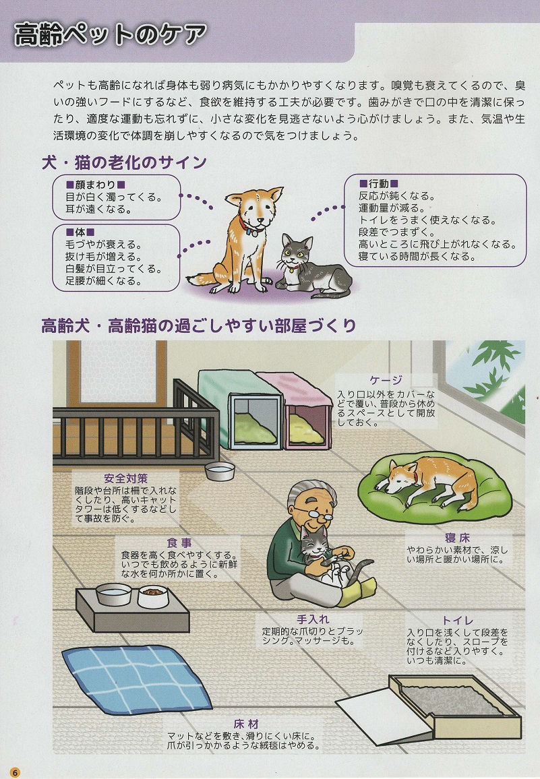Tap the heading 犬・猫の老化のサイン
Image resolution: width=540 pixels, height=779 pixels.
124,162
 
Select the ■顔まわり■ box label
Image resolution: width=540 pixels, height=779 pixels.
96,185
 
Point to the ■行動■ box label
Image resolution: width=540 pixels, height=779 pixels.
378,184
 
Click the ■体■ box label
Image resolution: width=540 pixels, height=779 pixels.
80,232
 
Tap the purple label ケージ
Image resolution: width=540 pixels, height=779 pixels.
386,380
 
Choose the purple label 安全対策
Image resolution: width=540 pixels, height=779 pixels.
126,478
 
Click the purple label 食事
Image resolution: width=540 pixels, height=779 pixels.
179,543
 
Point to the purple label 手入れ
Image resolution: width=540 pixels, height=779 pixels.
313,619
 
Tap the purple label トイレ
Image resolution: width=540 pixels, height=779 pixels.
458,621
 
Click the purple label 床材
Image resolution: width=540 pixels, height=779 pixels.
246,724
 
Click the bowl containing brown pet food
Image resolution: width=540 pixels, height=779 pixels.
152,596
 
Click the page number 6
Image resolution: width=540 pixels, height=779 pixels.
16,772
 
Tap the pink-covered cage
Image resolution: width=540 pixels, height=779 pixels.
297,411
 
